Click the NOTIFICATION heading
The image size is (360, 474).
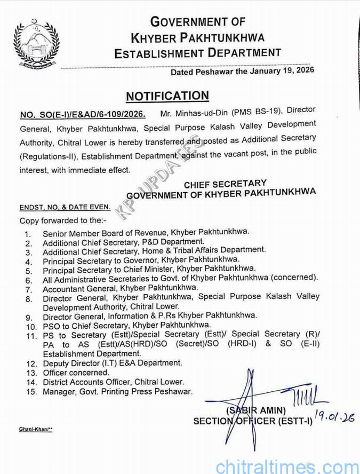(167, 96)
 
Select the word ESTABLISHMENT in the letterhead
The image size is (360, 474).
(156, 53)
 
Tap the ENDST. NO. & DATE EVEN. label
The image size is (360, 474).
(65, 207)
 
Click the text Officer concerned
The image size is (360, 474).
(76, 373)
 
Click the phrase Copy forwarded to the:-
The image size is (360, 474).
(63, 220)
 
